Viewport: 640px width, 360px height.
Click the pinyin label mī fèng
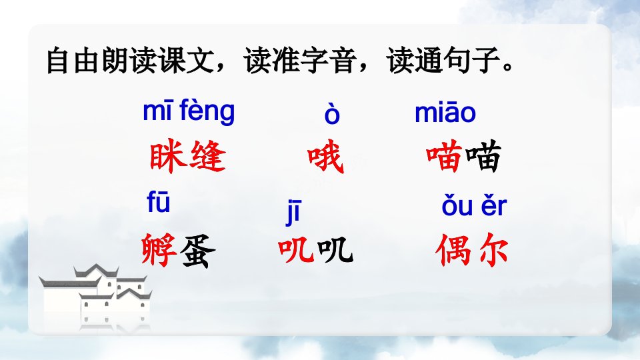pyautogui.click(x=189, y=111)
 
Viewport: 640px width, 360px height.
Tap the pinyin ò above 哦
pyautogui.click(x=332, y=113)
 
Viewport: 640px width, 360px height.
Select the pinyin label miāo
pyautogui.click(x=445, y=112)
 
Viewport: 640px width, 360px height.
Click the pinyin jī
pyautogui.click(x=293, y=213)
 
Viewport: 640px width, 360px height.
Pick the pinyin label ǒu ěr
pyautogui.click(x=474, y=206)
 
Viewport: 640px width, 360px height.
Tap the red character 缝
pyautogui.click(x=207, y=155)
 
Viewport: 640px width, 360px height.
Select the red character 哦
pyautogui.click(x=325, y=156)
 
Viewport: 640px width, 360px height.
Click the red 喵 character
pyautogui.click(x=444, y=156)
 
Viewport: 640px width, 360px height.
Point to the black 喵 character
pyautogui.click(x=483, y=156)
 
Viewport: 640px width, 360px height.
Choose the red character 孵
pyautogui.click(x=159, y=250)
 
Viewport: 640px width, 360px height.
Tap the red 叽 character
pyautogui.click(x=296, y=250)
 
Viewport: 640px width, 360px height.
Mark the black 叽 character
pyautogui.click(x=335, y=250)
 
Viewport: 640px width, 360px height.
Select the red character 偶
pyautogui.click(x=453, y=250)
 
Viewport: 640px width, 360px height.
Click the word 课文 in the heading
pyautogui.click(x=187, y=61)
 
